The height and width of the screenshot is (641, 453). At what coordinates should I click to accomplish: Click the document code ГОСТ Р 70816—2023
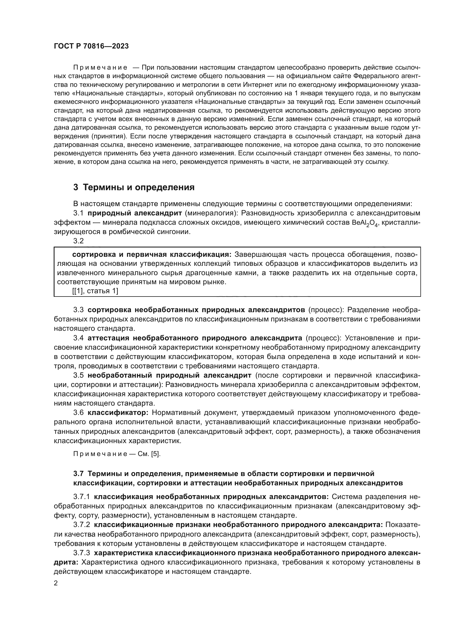tap(91, 46)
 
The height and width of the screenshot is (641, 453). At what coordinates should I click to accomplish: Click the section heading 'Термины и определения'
tap(139, 187)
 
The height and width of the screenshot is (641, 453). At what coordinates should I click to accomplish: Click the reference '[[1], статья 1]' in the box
tap(95, 291)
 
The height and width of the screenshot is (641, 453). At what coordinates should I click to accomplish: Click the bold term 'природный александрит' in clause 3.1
tap(134, 213)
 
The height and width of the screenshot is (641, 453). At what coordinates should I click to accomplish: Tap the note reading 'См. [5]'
tap(149, 454)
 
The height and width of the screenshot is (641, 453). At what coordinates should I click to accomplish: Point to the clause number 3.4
tap(78, 338)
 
